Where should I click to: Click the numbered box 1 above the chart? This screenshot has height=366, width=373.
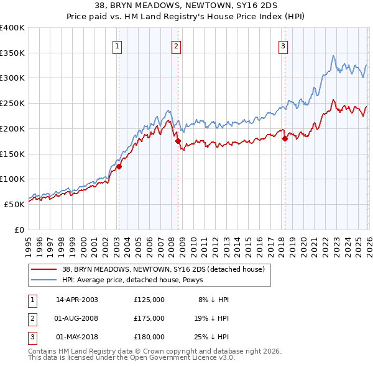(117, 45)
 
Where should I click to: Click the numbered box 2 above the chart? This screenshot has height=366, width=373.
(176, 45)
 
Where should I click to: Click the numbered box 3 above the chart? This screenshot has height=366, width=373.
(283, 45)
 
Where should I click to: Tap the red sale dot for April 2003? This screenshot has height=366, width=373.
(119, 166)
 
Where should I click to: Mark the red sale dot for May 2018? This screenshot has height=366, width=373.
(285, 138)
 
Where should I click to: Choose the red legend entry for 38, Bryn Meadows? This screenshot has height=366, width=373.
(163, 269)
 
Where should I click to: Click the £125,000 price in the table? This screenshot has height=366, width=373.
(149, 300)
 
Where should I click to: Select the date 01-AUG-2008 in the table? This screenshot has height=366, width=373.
(77, 318)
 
